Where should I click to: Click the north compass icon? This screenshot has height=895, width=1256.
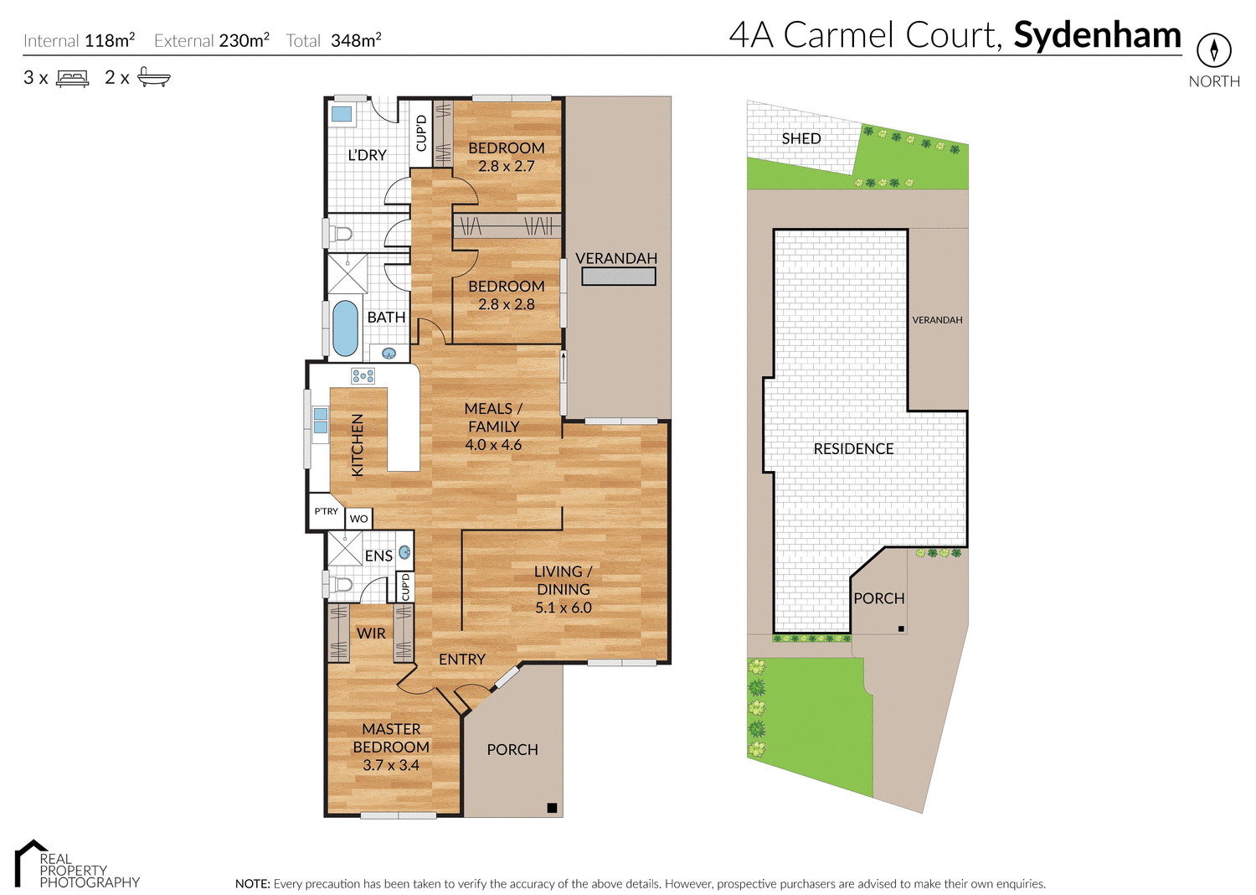(x=1213, y=50)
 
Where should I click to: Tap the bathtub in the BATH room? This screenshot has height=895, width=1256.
(x=345, y=329)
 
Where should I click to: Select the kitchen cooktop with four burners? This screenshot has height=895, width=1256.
(x=363, y=376)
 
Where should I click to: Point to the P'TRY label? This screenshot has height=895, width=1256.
(x=326, y=511)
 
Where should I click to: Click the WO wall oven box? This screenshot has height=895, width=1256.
(x=358, y=519)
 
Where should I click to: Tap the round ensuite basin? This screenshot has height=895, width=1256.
(x=404, y=552)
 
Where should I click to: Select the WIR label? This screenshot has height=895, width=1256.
(x=371, y=634)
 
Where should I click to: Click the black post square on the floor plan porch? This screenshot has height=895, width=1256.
(x=552, y=808)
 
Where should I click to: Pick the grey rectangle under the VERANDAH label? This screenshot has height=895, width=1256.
(x=618, y=277)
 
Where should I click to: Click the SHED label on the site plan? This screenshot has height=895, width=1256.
(x=800, y=138)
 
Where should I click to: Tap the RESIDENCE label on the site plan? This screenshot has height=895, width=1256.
(x=853, y=449)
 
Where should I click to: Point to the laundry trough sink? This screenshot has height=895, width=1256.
(x=342, y=114)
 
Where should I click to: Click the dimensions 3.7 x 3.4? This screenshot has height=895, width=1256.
(x=391, y=765)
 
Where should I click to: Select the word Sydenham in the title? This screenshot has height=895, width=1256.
(x=1097, y=35)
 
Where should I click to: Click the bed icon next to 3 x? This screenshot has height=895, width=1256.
(x=72, y=79)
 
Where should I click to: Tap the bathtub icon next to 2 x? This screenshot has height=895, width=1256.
(x=153, y=77)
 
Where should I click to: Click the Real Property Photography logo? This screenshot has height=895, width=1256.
(x=75, y=865)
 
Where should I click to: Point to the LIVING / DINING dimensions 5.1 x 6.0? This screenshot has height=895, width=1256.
(x=563, y=608)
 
